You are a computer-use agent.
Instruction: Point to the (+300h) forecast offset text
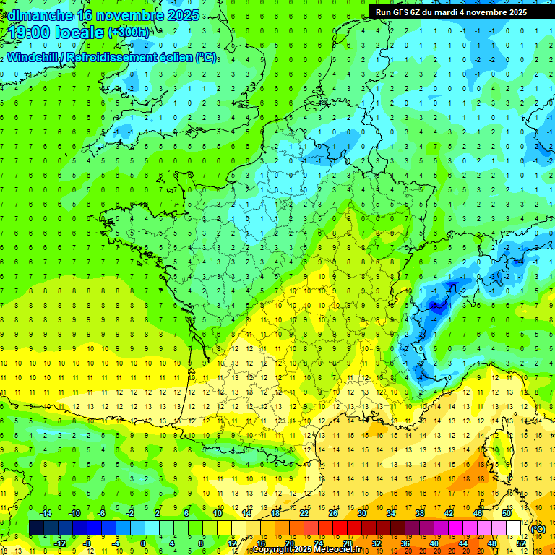(x=129, y=33)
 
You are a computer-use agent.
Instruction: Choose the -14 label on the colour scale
(x=45, y=513)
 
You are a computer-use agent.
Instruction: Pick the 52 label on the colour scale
(x=521, y=543)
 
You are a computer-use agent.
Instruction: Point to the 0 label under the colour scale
(x=143, y=543)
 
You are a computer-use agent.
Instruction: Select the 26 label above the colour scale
(x=333, y=513)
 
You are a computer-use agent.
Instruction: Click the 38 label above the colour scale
(x=419, y=513)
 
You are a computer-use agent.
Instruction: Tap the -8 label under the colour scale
(x=87, y=543)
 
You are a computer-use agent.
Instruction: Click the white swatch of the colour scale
(x=513, y=528)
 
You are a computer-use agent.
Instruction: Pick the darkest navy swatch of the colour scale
(x=36, y=528)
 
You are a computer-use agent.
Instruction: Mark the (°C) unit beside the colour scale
(x=538, y=529)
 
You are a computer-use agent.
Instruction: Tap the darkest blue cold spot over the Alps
(x=435, y=306)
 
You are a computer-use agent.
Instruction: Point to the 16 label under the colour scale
(x=261, y=543)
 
